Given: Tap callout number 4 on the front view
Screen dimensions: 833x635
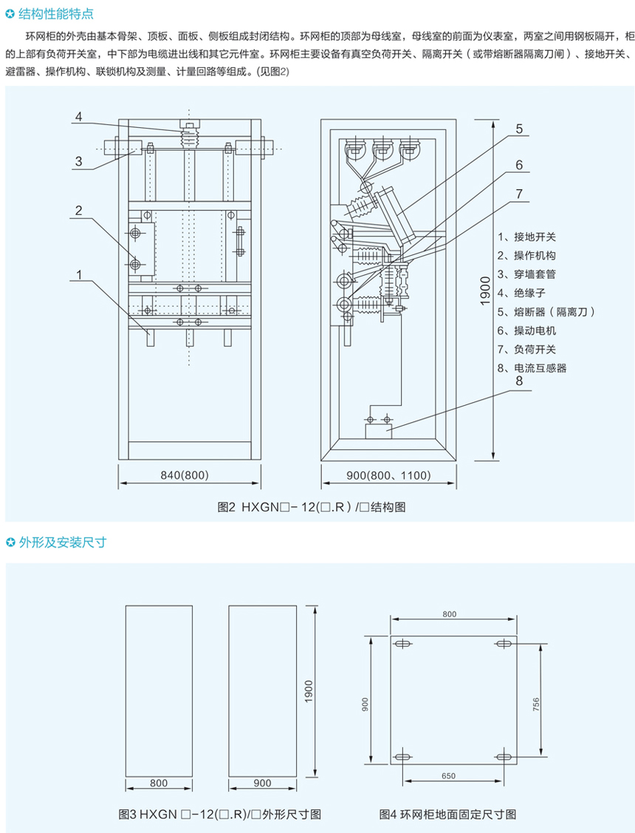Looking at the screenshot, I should coord(78,117).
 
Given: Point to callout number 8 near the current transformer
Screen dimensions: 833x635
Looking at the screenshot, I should coord(518,382).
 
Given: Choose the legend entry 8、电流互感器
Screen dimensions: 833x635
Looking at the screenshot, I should coord(536,367).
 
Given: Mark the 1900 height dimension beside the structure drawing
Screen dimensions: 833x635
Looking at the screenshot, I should coord(484,291).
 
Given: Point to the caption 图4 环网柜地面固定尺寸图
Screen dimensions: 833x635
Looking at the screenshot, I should coord(447,814).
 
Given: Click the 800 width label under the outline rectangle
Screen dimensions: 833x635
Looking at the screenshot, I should coord(159,783).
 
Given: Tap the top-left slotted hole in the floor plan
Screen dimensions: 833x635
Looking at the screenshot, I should coord(403,645).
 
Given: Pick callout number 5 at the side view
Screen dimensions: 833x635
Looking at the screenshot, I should coord(519,128).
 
